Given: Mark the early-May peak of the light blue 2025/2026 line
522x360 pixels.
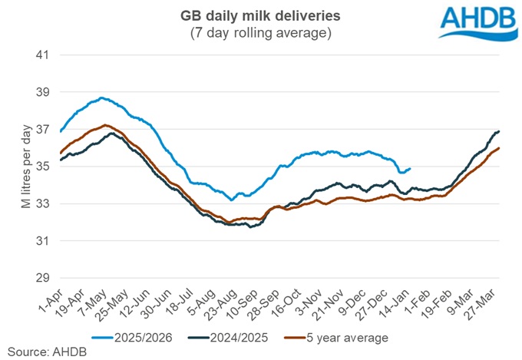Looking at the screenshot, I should click(101, 97).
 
